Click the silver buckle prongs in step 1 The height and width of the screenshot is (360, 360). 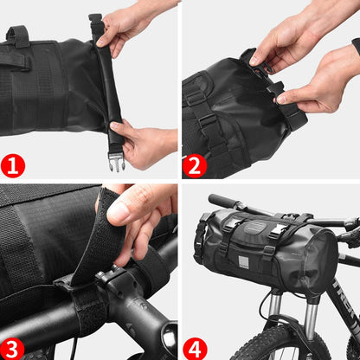pyautogui.click(x=117, y=161)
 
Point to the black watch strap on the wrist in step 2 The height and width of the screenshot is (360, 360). pyautogui.click(x=356, y=45)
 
